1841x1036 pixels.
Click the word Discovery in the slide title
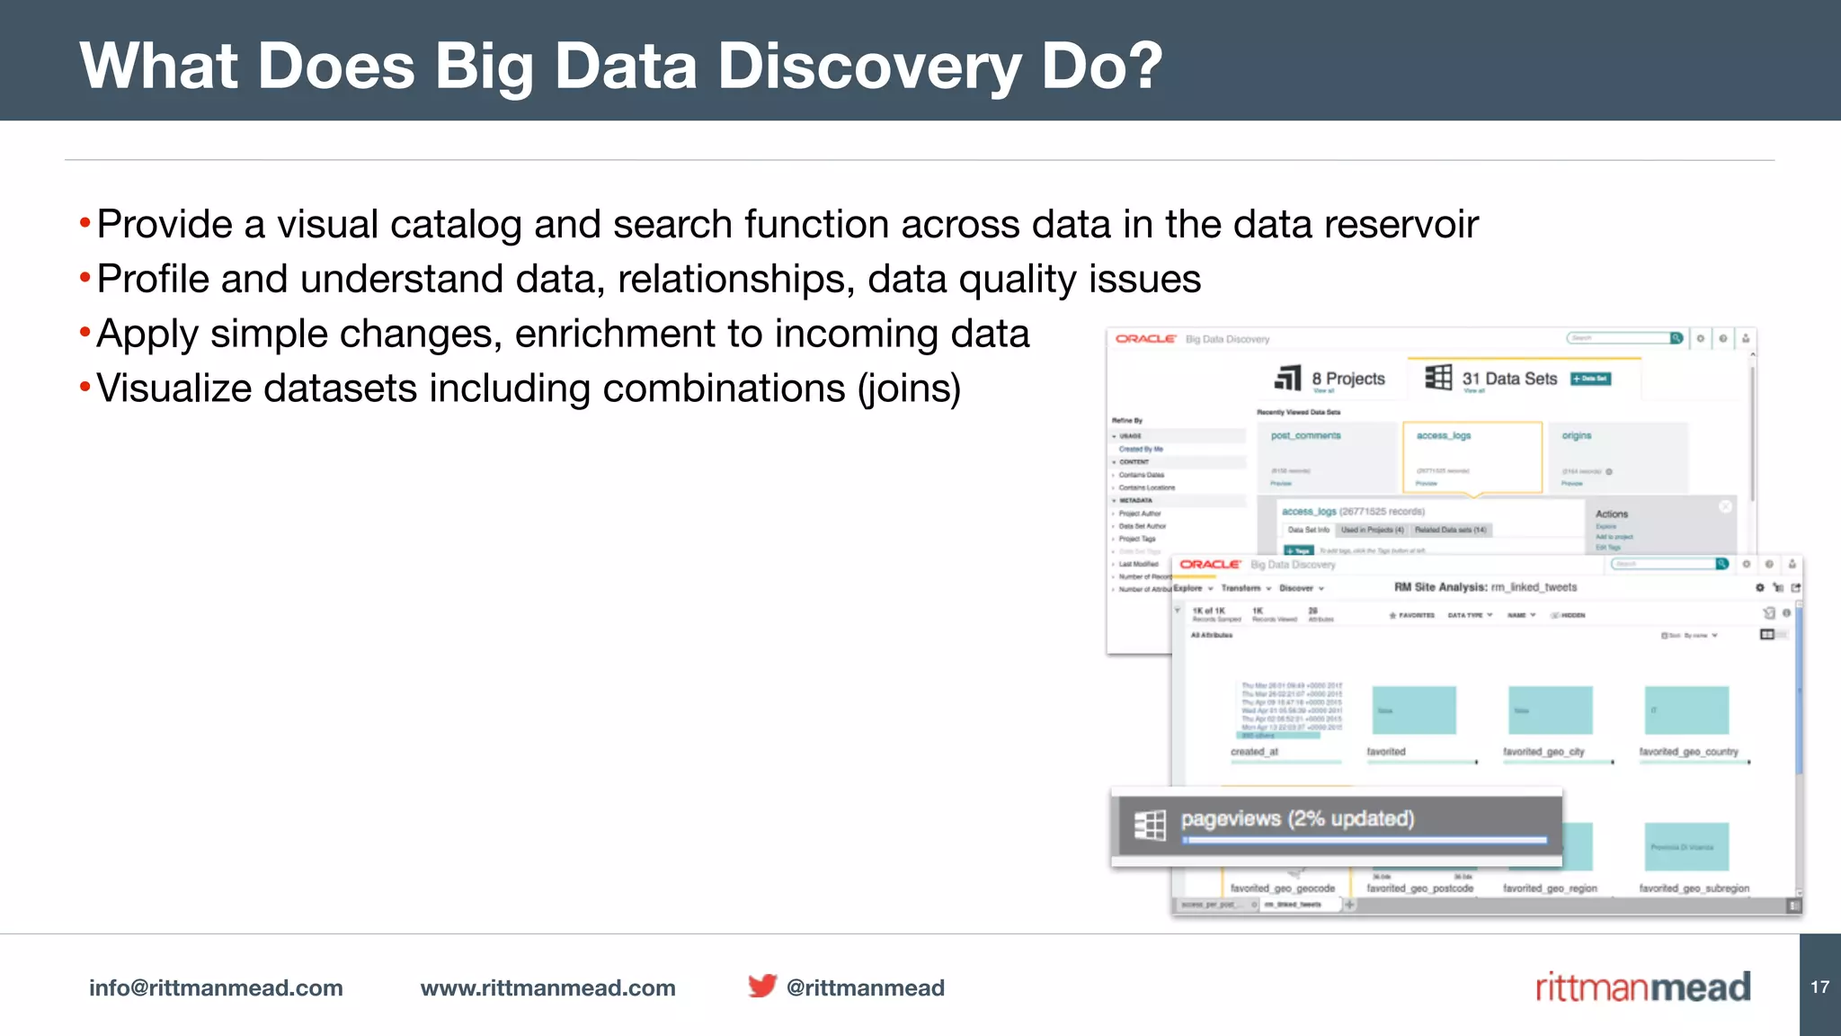click(869, 67)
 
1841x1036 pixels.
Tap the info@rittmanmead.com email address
click(216, 987)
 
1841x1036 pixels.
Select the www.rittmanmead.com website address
click(547, 987)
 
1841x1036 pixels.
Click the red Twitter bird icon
click(761, 986)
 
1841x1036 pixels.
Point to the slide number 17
click(1819, 987)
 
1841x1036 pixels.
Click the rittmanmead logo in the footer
click(1642, 987)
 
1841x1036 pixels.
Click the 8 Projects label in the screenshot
click(1347, 379)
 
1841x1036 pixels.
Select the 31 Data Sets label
click(1509, 379)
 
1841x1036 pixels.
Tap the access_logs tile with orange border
click(1472, 457)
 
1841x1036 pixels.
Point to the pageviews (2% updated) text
click(1297, 818)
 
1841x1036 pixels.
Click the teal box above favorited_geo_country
click(1686, 710)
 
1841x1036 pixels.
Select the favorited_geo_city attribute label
click(1543, 752)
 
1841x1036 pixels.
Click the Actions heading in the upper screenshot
click(1611, 514)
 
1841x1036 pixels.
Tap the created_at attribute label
click(1254, 752)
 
